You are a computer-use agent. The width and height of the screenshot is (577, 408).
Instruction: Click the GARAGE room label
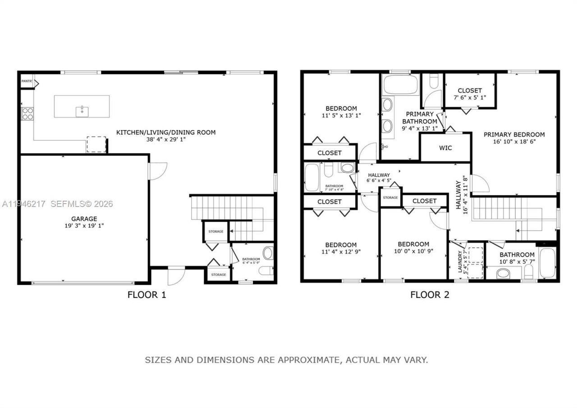84,219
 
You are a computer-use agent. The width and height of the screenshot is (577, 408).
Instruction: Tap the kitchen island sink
82,111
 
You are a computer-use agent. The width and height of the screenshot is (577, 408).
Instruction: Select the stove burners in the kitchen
27,113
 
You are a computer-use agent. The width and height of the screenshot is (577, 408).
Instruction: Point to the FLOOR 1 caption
147,295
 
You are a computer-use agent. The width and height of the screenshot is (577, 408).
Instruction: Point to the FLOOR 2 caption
430,295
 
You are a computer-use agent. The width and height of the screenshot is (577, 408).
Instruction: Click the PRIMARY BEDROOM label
514,134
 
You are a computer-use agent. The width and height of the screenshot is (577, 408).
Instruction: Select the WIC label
445,148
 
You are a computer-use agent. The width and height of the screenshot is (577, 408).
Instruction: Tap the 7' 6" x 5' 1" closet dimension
469,97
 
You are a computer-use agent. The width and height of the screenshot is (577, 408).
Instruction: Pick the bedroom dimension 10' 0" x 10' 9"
413,251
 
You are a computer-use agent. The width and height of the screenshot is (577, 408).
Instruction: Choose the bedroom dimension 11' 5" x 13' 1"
341,116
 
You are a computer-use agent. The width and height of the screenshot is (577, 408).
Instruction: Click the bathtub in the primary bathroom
401,84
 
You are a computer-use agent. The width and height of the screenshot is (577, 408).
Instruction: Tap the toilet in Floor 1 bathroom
266,270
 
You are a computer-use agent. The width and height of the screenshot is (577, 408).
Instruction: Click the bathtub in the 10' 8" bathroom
548,263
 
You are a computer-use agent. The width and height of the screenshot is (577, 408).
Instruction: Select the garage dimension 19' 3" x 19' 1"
84,226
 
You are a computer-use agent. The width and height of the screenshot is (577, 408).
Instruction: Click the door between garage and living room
157,172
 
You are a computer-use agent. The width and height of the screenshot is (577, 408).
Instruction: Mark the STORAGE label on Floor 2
390,198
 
